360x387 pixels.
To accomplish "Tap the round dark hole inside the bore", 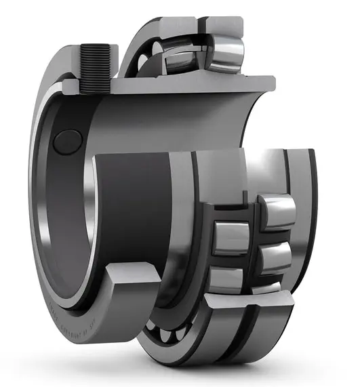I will coord(68,140).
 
